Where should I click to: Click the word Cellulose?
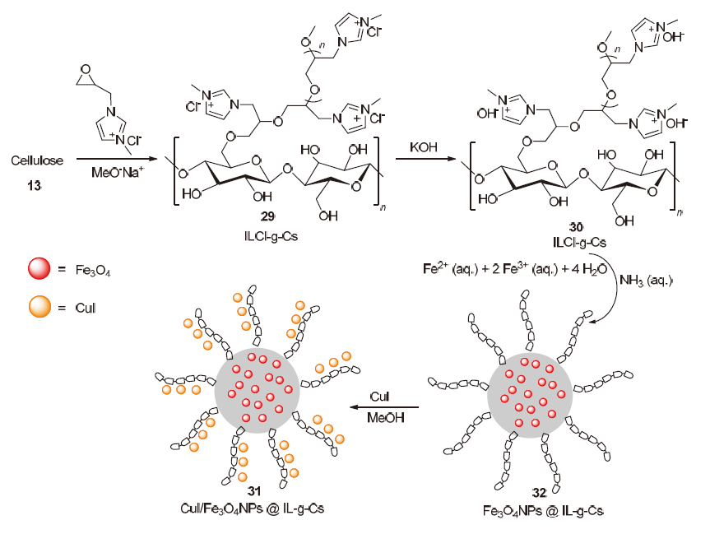pyautogui.click(x=36, y=157)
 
